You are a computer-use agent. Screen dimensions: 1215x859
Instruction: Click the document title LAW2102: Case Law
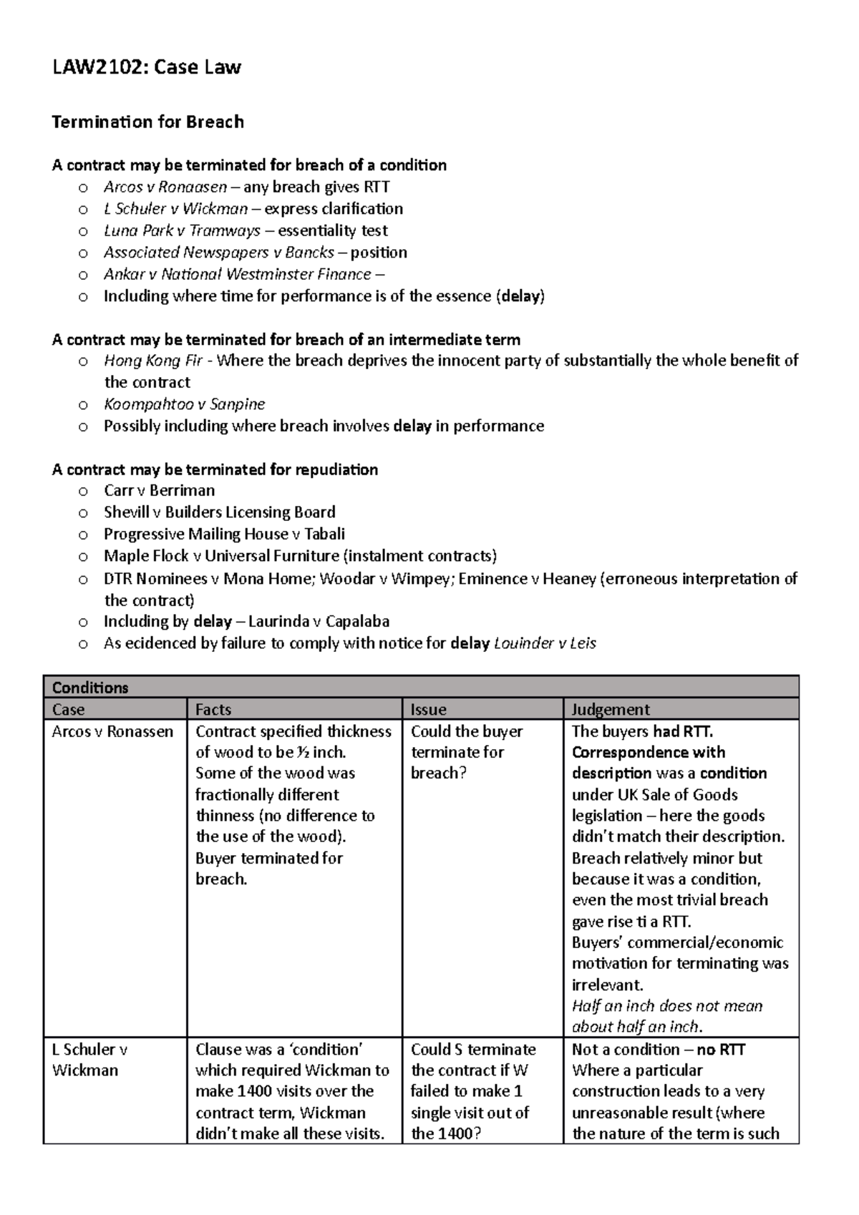coord(146,68)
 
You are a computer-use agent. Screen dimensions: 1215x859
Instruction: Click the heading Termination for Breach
coord(147,122)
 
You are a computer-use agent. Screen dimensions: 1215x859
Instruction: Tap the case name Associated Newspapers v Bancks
coord(218,253)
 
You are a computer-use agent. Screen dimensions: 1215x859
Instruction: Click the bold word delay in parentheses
coord(520,296)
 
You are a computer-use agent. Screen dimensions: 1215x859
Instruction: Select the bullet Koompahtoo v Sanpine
coord(184,404)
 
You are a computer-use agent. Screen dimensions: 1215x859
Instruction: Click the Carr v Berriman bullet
coord(159,491)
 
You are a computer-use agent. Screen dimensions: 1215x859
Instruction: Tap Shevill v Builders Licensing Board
coord(219,512)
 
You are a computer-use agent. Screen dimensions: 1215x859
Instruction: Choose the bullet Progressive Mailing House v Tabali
coord(224,535)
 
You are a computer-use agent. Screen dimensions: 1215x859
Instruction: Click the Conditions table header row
coord(421,688)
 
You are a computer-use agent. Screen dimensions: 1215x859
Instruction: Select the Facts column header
coord(213,710)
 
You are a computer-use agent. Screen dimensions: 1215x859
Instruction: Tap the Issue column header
coord(428,710)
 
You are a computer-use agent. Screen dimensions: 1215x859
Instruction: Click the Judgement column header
coord(611,710)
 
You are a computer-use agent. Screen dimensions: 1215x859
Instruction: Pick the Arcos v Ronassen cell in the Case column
coord(112,732)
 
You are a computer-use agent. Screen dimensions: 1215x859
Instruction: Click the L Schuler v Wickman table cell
coord(89,1060)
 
